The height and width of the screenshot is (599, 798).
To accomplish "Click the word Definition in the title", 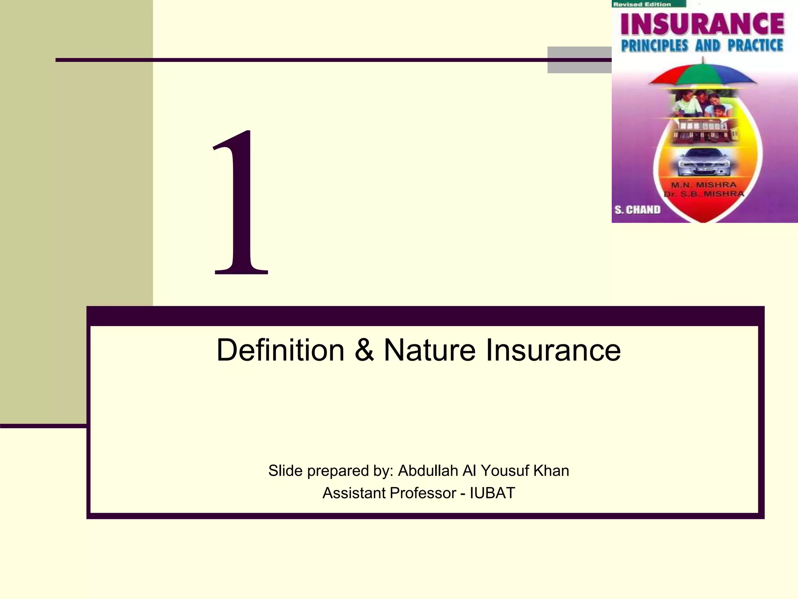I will [280, 350].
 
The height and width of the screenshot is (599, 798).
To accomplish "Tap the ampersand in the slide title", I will [364, 350].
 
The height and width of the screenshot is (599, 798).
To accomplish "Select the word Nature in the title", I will [429, 350].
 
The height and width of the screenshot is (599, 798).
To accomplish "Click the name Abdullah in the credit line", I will [427, 471].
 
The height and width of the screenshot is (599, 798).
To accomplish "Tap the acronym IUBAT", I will [492, 493].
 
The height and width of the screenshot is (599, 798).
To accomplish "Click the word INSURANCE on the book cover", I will [702, 24].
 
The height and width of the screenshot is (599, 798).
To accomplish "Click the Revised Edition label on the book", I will [642, 4].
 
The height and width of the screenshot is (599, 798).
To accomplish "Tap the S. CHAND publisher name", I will [637, 210].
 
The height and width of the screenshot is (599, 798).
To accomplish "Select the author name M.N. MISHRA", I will [703, 185].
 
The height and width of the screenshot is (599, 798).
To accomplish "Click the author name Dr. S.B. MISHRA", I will [704, 194].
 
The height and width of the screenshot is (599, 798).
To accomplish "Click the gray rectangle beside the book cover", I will [579, 60].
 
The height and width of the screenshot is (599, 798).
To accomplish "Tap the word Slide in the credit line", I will [285, 471].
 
